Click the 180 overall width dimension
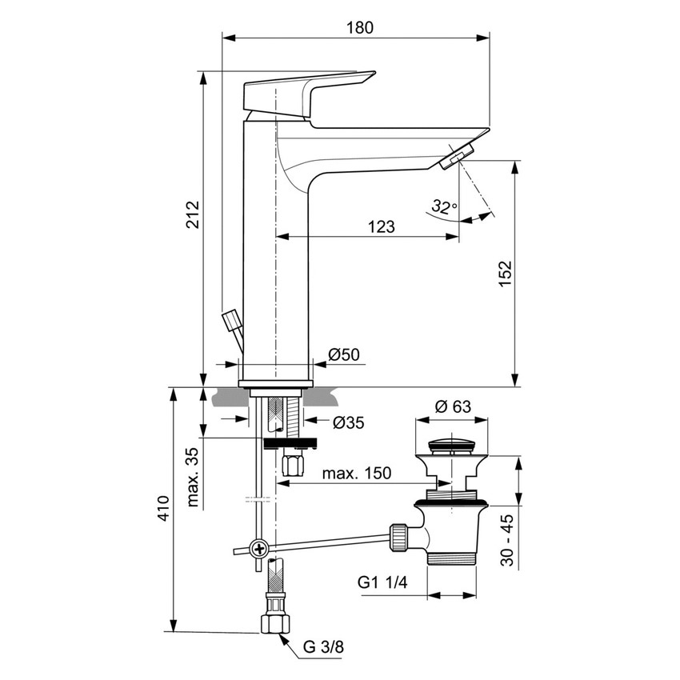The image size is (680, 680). click(x=360, y=26)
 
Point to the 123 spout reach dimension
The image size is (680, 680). click(x=381, y=226)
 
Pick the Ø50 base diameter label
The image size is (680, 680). click(x=343, y=354)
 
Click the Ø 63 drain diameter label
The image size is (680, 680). click(x=453, y=406)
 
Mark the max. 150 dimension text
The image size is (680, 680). click(x=357, y=473)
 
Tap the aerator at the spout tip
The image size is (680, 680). click(x=458, y=155)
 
